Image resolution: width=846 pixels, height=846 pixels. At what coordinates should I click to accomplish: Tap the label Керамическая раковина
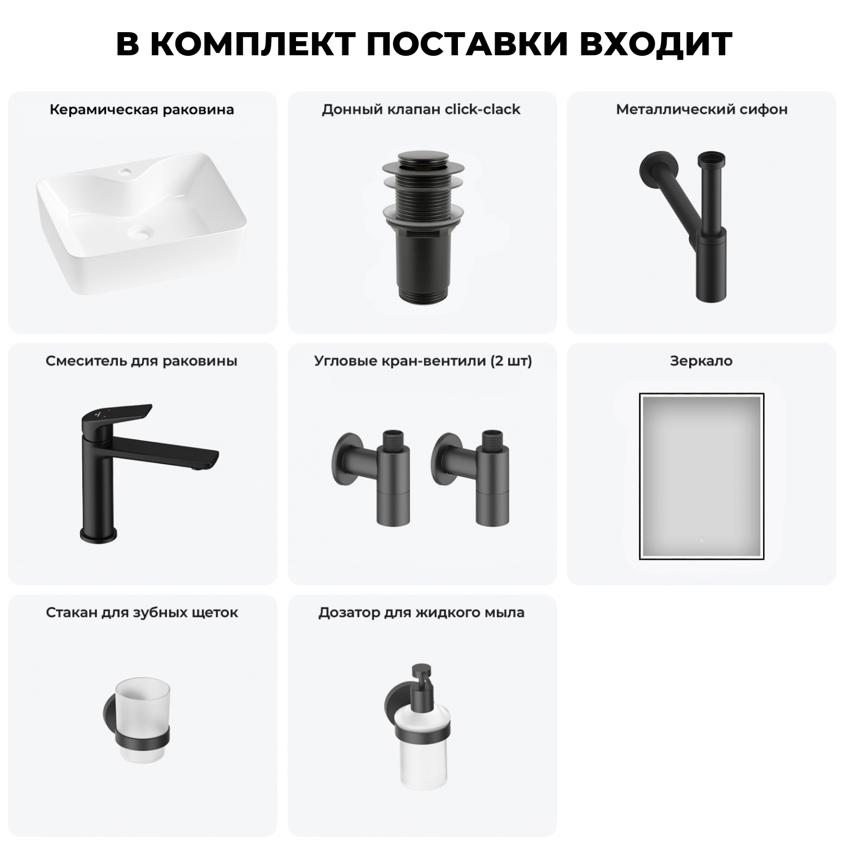click(142, 109)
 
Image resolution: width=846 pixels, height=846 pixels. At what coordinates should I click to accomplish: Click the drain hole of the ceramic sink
click(139, 231)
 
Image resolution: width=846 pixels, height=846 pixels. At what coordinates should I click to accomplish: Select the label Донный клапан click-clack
click(421, 109)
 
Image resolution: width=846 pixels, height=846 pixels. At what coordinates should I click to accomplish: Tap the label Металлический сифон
click(701, 109)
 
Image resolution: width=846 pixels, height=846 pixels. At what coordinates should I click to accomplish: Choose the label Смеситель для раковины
click(142, 361)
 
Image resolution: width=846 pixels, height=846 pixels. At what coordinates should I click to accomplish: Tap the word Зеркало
click(701, 361)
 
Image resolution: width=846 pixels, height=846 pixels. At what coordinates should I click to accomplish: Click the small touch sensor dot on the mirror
click(701, 541)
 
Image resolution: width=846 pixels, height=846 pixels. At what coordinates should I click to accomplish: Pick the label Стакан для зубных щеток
click(142, 613)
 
